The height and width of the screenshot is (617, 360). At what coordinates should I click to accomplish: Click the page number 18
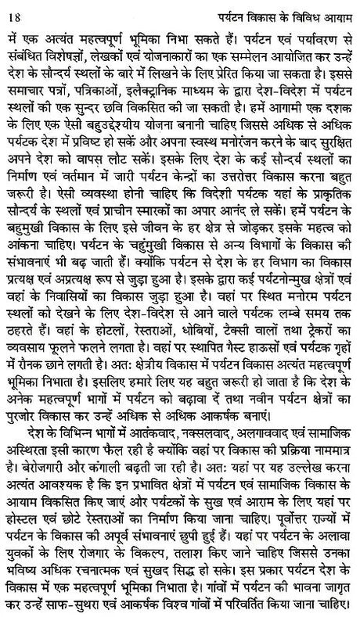pos(16,9)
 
